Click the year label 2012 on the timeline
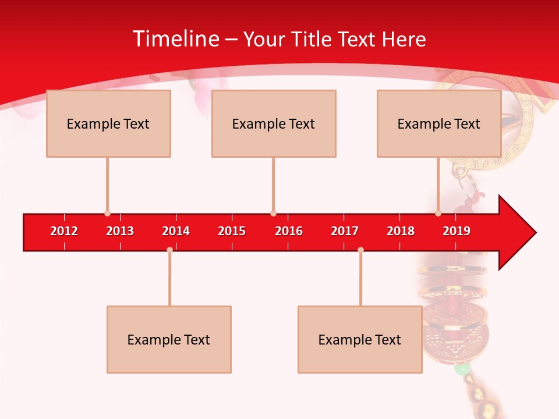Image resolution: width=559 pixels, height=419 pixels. pyautogui.click(x=64, y=231)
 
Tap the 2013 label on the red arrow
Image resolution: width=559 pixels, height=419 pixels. pyautogui.click(x=120, y=231)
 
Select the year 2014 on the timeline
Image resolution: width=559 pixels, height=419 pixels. pyautogui.click(x=176, y=231)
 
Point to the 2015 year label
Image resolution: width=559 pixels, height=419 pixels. pyautogui.click(x=232, y=231)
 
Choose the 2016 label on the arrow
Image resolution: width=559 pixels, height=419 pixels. pyautogui.click(x=289, y=231)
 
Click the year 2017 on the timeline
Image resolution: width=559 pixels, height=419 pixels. pyautogui.click(x=345, y=231)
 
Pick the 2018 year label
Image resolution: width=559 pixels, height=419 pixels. pyautogui.click(x=401, y=231)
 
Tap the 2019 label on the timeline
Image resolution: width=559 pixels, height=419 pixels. pyautogui.click(x=457, y=231)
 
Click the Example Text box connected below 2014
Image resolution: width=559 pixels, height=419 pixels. pyautogui.click(x=169, y=339)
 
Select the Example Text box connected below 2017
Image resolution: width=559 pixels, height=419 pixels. pyautogui.click(x=360, y=339)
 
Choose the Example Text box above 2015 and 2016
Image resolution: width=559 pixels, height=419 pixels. pyautogui.click(x=274, y=123)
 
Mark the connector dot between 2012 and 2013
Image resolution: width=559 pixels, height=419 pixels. pyautogui.click(x=107, y=214)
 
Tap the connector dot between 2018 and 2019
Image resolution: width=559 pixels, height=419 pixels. pyautogui.click(x=438, y=214)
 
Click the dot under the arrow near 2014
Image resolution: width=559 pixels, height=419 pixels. pyautogui.click(x=169, y=250)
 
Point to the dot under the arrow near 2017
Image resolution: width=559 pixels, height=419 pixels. pyautogui.click(x=360, y=250)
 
